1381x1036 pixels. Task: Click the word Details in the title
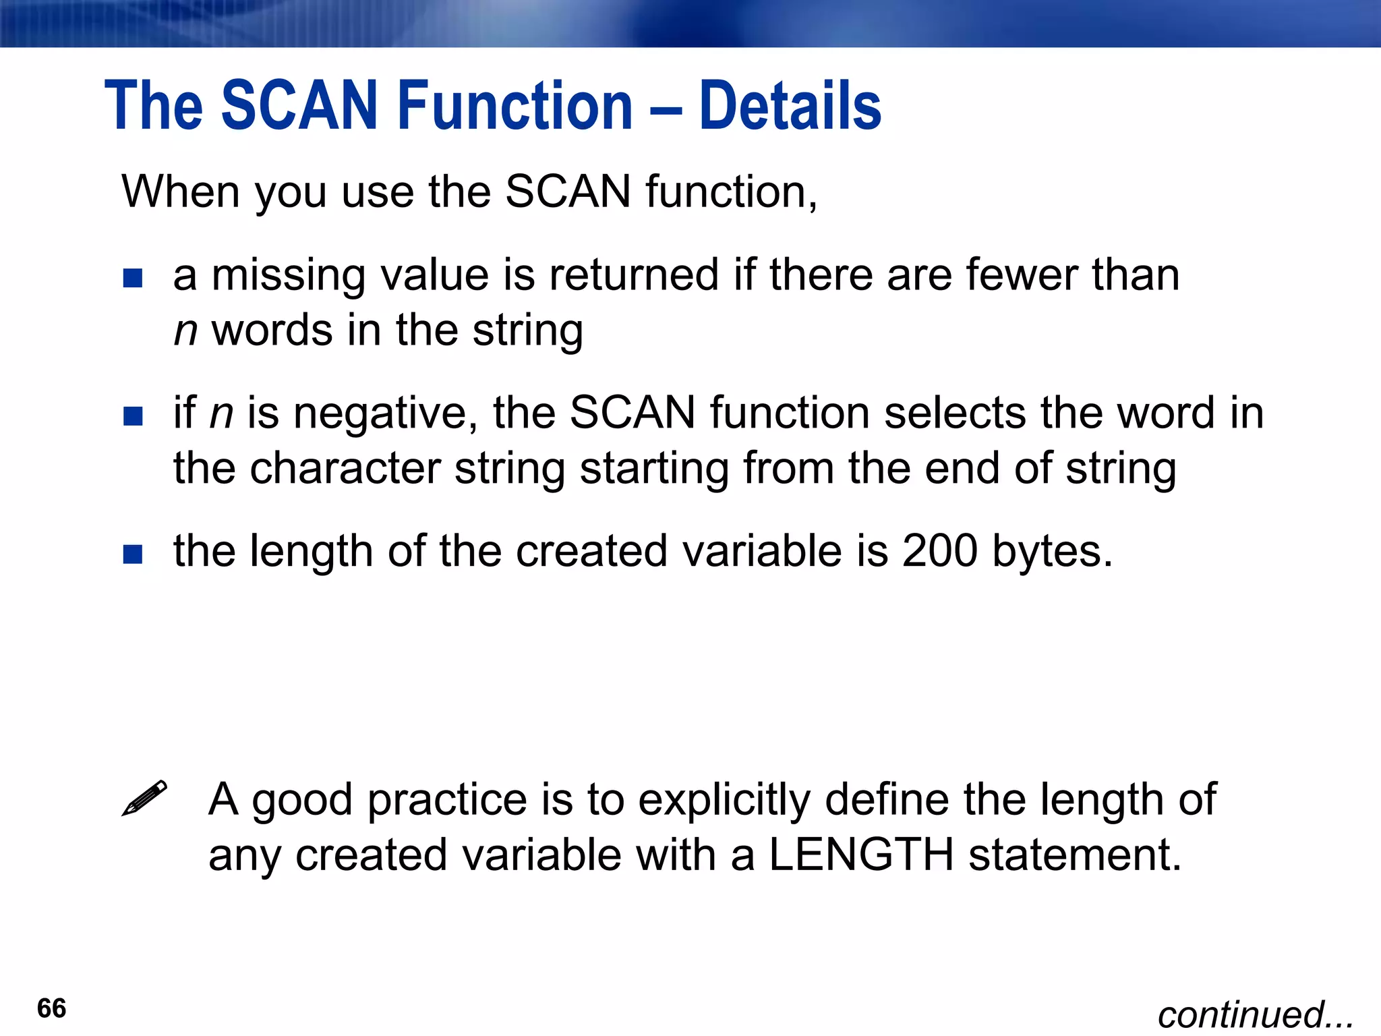click(x=790, y=106)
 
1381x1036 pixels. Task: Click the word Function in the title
click(x=515, y=106)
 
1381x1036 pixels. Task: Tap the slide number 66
click(x=52, y=1008)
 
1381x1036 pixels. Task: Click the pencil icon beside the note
click(x=144, y=798)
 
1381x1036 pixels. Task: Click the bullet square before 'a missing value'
click(x=133, y=278)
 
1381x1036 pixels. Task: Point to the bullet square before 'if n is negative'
click(x=133, y=415)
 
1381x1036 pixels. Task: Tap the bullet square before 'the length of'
click(x=133, y=554)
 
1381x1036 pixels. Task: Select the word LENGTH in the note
click(x=861, y=855)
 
